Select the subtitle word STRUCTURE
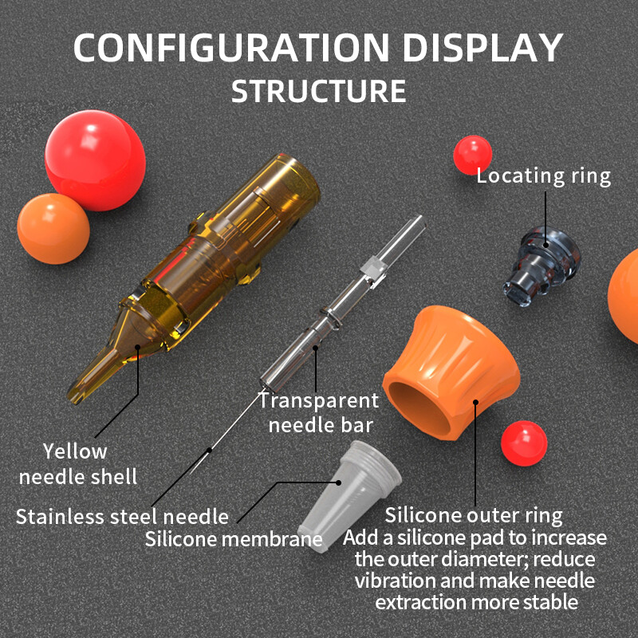319,90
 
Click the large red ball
95,159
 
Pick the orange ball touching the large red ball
53,229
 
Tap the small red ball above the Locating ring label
473,155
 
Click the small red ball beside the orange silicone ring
524,443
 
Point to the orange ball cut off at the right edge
625,287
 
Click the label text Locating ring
544,176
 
